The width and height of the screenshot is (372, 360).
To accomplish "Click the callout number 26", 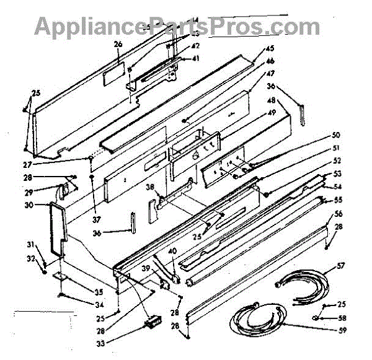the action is tap(118, 45).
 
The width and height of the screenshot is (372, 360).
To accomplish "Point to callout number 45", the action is tap(270, 48).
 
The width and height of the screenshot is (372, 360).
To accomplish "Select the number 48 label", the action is tap(271, 101).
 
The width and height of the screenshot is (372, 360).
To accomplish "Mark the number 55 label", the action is tap(339, 200).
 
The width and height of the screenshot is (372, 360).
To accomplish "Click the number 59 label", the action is tap(340, 329).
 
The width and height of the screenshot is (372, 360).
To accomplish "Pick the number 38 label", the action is tap(150, 187).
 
